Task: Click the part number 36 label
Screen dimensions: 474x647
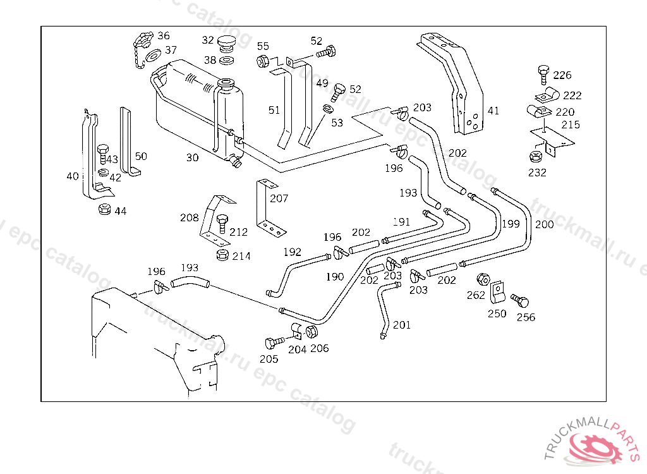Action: [x=164, y=36]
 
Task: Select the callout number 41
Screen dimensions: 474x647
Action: [x=493, y=111]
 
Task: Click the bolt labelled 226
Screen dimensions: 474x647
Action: [x=542, y=73]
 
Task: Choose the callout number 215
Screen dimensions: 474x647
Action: [x=571, y=125]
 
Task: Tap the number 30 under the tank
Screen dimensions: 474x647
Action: [x=193, y=157]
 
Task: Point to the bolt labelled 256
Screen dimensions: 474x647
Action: [x=521, y=300]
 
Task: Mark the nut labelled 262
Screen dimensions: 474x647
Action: [x=483, y=278]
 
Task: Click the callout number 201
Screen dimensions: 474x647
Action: [x=402, y=325]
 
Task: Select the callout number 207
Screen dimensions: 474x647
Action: [x=279, y=198]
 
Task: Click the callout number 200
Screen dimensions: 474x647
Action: [x=544, y=224]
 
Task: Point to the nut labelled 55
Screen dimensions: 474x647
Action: [x=263, y=62]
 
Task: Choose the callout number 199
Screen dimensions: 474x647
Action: [x=511, y=223]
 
